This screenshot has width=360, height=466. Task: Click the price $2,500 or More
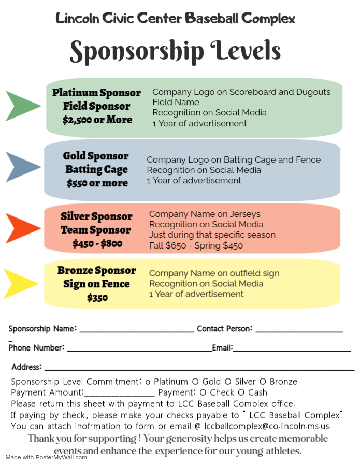tap(97, 120)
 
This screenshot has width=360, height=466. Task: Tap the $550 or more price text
tap(97, 183)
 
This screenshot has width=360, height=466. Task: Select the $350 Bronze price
tap(97, 298)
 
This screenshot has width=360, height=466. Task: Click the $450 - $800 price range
tap(97, 244)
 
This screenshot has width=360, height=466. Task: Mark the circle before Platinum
tap(148, 382)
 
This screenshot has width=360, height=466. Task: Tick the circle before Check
tap(203, 392)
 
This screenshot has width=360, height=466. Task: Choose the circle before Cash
tap(241, 392)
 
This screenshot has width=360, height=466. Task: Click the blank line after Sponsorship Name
tap(137, 332)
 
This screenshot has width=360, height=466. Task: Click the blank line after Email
tap(292, 351)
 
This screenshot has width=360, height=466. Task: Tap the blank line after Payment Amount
tap(120, 396)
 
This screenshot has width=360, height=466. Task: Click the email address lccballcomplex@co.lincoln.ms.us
tap(267, 426)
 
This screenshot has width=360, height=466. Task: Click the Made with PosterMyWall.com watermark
tap(46, 457)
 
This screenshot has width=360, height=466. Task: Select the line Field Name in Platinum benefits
tap(176, 102)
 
